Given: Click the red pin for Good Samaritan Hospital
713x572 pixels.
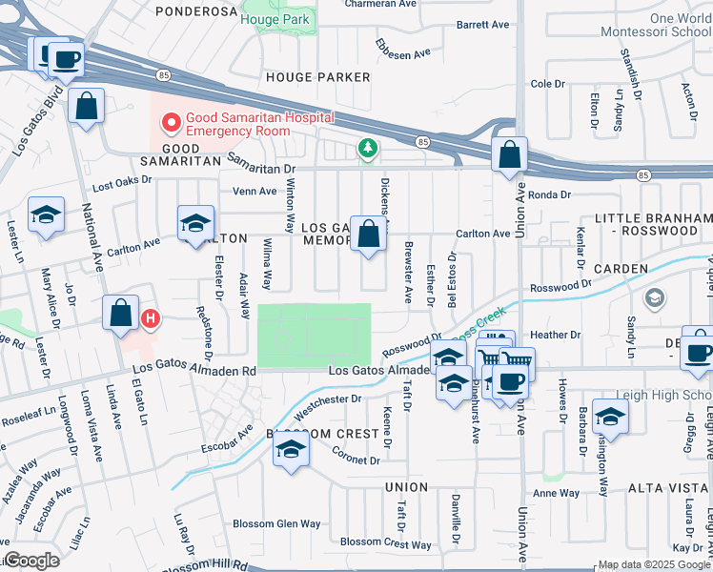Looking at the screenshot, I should point(172,123).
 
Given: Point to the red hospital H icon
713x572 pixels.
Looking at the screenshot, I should point(150,317).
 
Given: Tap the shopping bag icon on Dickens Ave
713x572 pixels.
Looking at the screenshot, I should point(368,234).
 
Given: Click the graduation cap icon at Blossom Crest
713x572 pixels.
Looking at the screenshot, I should point(292,450).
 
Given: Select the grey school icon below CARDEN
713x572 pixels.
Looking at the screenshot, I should point(654,299).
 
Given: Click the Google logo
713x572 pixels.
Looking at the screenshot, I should point(32,562).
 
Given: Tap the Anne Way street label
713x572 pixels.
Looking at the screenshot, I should point(556,493).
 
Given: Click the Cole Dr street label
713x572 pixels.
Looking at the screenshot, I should point(548,84).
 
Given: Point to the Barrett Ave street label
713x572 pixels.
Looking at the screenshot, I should point(484,24).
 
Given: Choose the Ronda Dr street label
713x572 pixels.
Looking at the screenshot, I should point(548,194).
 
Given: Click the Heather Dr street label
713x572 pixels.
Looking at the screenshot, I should point(555,335).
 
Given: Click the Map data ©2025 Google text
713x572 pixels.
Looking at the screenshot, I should point(654,564).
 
